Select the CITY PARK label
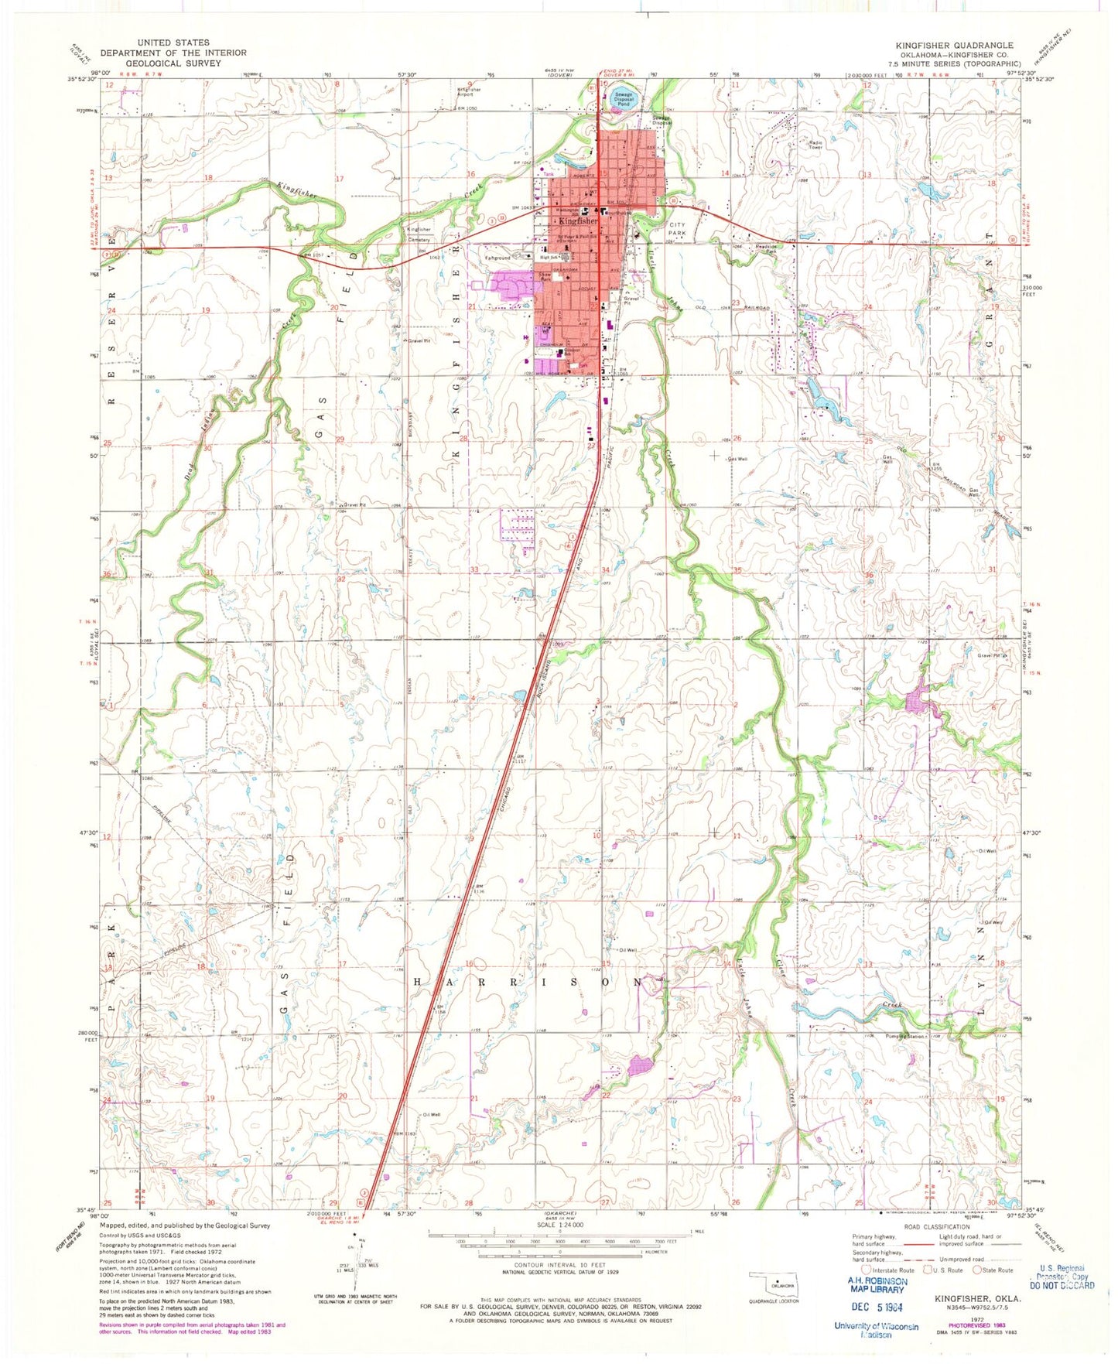(x=677, y=228)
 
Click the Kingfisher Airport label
(x=469, y=91)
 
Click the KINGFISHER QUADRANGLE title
(x=954, y=46)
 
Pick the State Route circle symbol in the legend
(x=977, y=1270)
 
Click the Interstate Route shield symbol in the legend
(x=865, y=1270)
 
